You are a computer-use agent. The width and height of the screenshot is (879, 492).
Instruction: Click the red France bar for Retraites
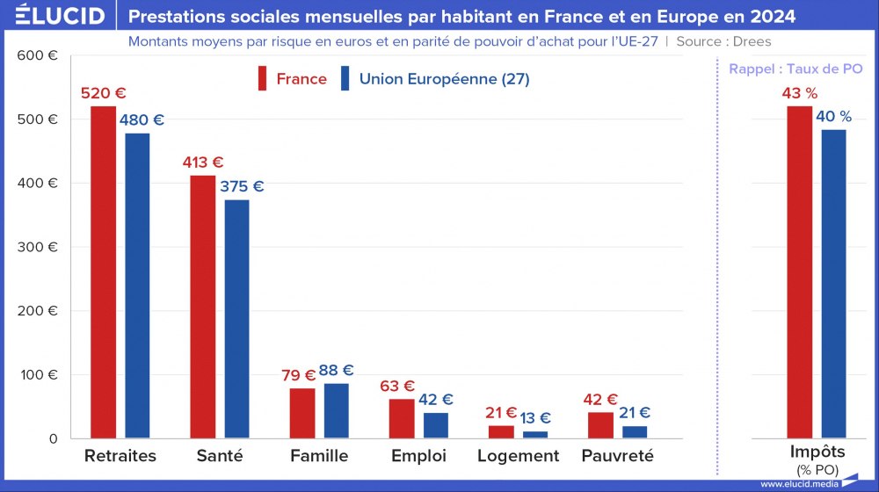point(104,271)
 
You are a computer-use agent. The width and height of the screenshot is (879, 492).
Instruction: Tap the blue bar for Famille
point(336,410)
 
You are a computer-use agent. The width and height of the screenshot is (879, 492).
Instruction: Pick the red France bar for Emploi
point(402,418)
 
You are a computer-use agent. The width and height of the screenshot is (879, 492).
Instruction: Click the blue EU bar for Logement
point(535,434)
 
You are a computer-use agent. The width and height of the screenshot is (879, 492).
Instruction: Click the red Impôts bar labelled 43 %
point(800,271)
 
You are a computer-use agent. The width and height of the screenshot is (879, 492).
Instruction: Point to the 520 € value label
point(104,93)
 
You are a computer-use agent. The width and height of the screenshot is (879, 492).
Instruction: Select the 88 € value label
point(336,371)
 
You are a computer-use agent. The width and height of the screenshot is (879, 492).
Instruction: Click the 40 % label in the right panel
point(834,117)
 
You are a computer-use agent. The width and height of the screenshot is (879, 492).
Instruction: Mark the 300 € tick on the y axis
point(40,247)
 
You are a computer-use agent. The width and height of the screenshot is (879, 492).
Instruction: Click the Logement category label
point(518,456)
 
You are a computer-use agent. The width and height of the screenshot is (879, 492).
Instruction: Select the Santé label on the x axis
point(221,456)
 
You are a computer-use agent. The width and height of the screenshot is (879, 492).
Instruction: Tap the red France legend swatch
point(262,78)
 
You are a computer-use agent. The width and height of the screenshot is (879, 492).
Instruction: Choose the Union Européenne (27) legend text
point(444,79)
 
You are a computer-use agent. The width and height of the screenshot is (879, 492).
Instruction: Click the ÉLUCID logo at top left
point(60,15)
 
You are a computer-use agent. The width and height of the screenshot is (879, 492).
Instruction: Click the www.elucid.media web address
point(796,484)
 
